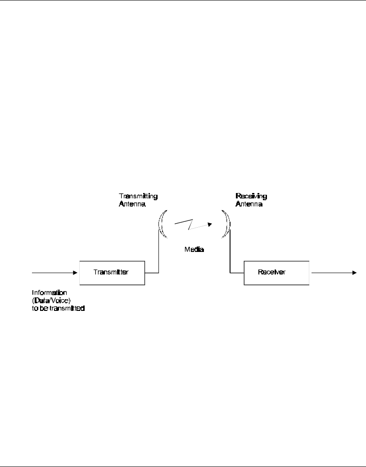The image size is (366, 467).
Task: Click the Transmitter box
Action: click(112, 272)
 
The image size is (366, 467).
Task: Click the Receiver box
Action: click(277, 272)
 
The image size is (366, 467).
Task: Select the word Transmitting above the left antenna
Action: click(138, 196)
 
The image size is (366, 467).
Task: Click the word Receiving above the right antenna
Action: click(251, 196)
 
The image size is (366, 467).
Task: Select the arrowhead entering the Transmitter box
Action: click(76, 272)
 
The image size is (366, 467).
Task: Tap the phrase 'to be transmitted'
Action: click(59, 309)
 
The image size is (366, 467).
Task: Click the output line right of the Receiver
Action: click(331, 272)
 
